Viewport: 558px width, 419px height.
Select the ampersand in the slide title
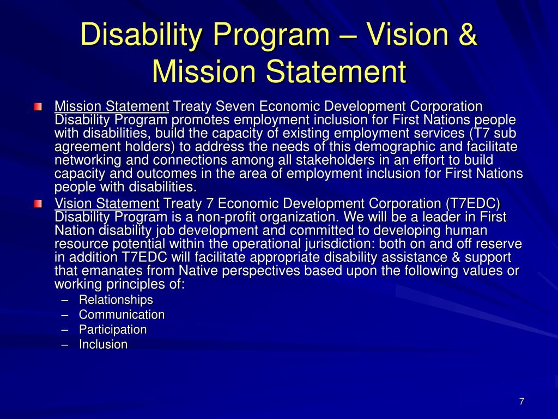pyautogui.click(x=466, y=35)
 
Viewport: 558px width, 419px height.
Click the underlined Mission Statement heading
pyautogui.click(x=112, y=106)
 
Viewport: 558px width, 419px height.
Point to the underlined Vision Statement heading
pyautogui.click(x=107, y=203)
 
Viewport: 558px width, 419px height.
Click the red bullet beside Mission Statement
pyautogui.click(x=37, y=106)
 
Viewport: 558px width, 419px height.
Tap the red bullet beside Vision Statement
pyautogui.click(x=37, y=204)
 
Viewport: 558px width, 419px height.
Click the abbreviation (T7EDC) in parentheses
pyautogui.click(x=472, y=203)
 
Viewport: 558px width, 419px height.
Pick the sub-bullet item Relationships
pyautogui.click(x=116, y=300)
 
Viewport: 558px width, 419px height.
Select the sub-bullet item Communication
pyautogui.click(x=122, y=315)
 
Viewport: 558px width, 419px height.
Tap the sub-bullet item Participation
pyautogui.click(x=113, y=330)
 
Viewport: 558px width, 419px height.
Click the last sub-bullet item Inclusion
pyautogui.click(x=103, y=345)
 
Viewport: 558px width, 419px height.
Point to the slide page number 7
pyautogui.click(x=521, y=402)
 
